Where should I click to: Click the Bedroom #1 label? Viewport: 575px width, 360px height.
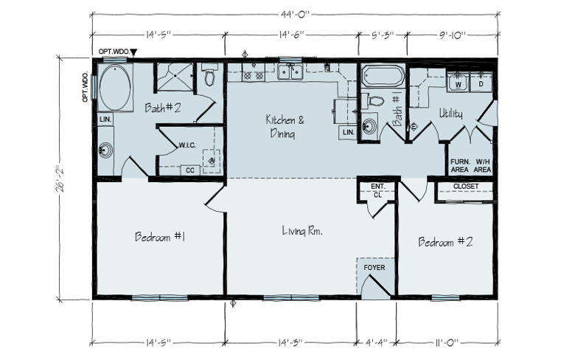coord(160,237)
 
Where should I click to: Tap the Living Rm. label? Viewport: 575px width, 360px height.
coord(302,231)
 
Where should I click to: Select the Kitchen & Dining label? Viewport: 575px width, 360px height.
coord(285,127)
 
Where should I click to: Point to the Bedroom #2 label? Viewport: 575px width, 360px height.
coord(445,241)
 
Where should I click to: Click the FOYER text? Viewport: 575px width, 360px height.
coord(374,268)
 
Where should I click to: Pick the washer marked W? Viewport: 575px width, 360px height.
coord(458,82)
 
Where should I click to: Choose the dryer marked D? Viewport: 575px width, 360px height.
coord(481,82)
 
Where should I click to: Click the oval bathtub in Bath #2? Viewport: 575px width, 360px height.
coord(115,88)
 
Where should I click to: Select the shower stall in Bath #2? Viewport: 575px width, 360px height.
coord(175,77)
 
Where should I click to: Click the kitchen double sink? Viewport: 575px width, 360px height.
coord(290,72)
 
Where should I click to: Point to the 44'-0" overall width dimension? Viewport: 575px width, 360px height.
coord(295,15)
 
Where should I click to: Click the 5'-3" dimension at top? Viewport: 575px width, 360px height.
coord(383,35)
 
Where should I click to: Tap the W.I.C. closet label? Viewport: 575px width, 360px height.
coord(187,145)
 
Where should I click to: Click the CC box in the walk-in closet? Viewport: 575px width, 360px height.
coord(190,170)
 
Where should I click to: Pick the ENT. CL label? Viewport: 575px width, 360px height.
coord(377,190)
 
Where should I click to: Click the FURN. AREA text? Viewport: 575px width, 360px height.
coord(460,165)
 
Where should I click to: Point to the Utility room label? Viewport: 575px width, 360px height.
coord(450,114)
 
